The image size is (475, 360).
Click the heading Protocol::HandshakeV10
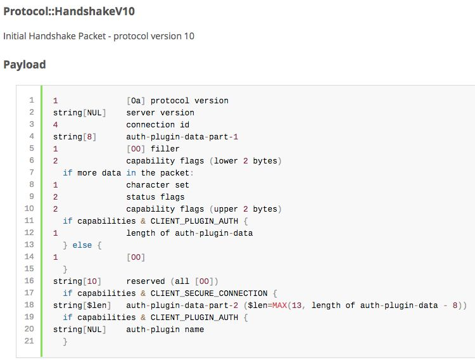click(69, 11)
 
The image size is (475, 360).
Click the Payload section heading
click(25, 65)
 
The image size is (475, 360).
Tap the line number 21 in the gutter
click(29, 342)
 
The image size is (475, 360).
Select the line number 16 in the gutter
click(29, 281)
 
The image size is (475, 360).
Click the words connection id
click(158, 125)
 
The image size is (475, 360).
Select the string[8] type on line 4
click(68, 137)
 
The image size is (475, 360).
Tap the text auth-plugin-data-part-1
click(182, 137)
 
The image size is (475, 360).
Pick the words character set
click(158, 185)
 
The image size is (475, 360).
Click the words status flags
click(155, 197)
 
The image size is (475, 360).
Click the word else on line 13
click(82, 245)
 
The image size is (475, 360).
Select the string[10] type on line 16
click(70, 281)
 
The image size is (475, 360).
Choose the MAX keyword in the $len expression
click(279, 305)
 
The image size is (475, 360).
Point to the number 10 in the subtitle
click(189, 36)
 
